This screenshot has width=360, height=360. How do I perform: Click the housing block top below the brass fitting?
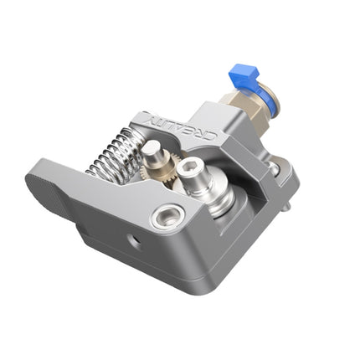[219, 120]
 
